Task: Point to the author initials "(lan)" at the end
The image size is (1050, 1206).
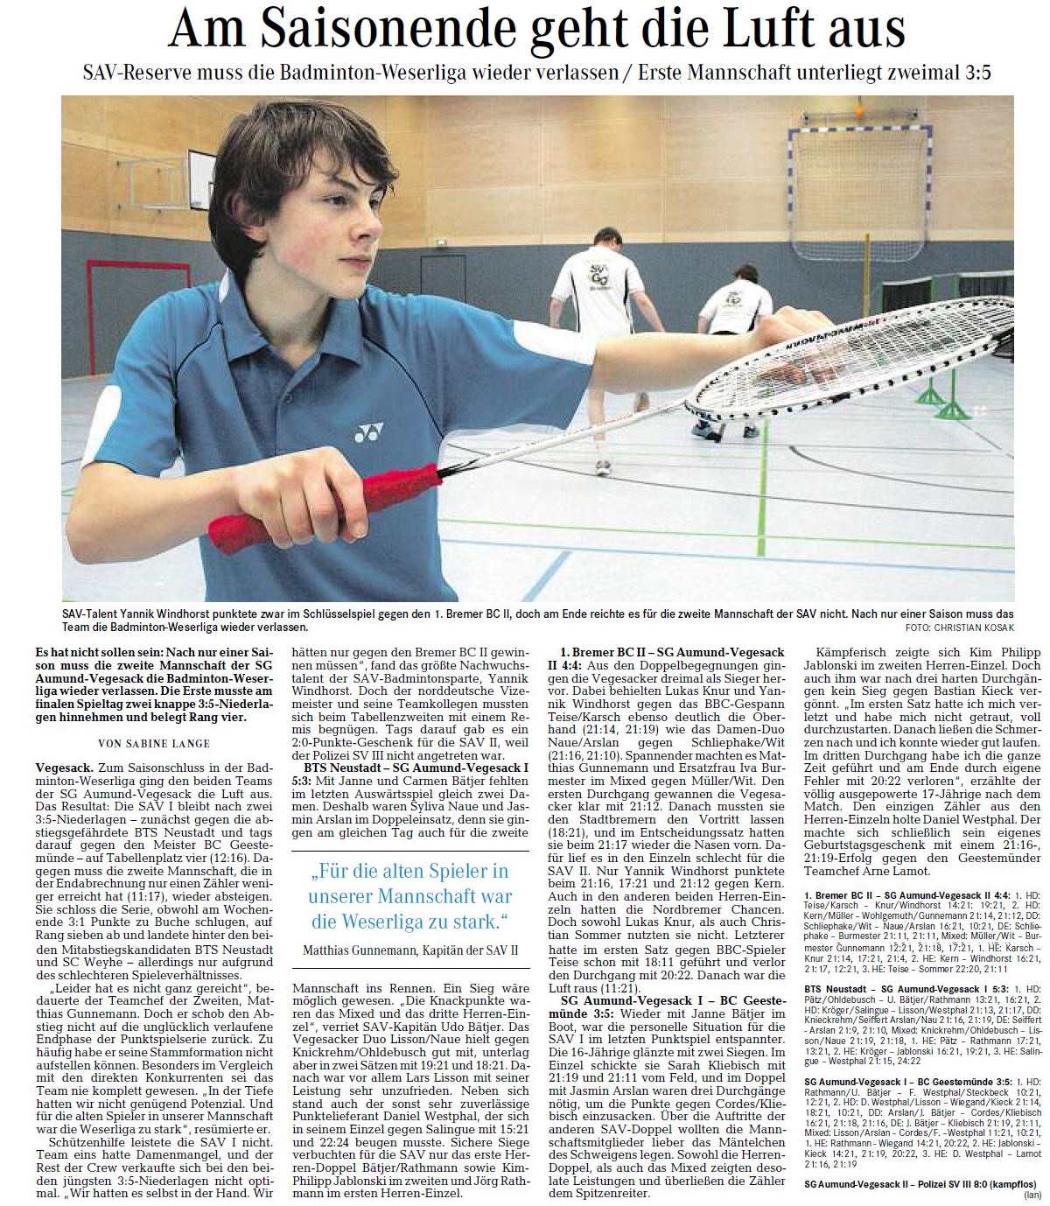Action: coord(1033,1195)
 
